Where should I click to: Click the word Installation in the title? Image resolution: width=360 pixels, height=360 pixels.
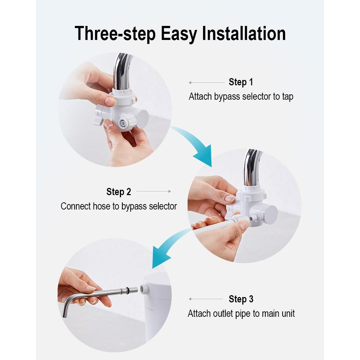244,33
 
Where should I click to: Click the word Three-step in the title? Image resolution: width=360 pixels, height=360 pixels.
115,34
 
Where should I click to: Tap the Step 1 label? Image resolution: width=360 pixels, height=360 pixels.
241,82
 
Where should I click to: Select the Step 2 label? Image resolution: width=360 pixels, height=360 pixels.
119,192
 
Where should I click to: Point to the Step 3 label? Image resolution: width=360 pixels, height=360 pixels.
241,299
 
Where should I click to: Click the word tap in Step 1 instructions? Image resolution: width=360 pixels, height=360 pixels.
287,97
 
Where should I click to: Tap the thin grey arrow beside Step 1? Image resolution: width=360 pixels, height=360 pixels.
206,82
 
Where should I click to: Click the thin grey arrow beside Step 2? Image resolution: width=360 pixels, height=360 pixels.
154,191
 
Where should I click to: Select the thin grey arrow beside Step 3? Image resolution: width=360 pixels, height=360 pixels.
206,299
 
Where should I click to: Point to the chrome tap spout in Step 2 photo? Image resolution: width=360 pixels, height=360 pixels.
252,168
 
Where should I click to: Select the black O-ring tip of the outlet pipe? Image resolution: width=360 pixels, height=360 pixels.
126,291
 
